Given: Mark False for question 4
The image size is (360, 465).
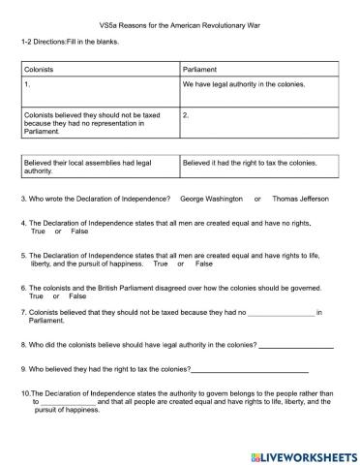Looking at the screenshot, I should click(x=79, y=232).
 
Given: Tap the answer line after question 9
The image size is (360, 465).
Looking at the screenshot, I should click(x=251, y=370).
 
